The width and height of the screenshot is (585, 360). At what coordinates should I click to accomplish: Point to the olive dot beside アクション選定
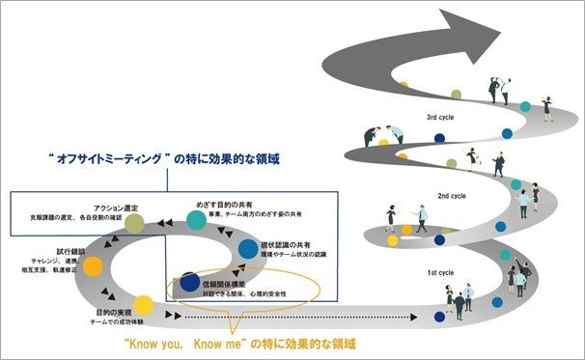135,224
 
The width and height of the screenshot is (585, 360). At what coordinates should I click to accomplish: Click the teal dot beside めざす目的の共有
196,219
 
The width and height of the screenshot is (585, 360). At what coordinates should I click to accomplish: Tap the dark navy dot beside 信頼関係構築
189,286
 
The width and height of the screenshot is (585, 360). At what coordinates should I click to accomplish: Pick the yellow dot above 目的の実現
142,304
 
